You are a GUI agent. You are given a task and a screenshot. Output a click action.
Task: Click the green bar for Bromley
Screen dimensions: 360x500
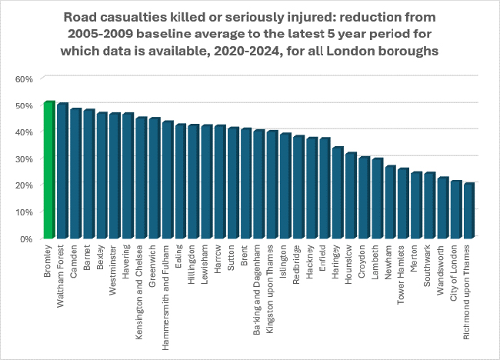[x=48, y=170]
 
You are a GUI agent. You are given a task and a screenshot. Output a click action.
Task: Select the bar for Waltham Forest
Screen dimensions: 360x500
[x=62, y=171]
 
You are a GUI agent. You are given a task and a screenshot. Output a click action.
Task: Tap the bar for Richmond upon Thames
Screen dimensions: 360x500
[x=468, y=211]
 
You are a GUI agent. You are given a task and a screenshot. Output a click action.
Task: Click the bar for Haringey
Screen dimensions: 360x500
[x=337, y=193]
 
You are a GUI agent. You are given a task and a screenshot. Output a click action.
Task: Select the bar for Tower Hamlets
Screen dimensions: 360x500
[x=403, y=204]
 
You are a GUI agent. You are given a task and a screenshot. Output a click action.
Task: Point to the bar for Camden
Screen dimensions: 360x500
[x=75, y=174]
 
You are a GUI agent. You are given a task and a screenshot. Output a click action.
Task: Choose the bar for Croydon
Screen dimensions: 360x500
[x=364, y=198]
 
